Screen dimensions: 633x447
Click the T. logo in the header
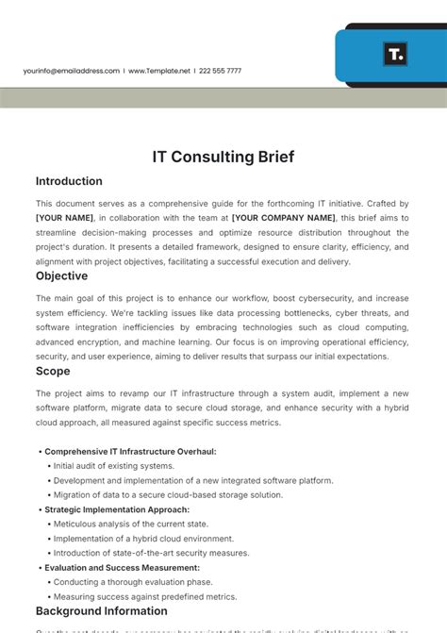(395, 54)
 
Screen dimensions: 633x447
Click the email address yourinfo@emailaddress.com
(72, 71)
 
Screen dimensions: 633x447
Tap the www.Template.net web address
(159, 71)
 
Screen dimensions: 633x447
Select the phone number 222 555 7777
(220, 71)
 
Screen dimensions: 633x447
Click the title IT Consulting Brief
(223, 158)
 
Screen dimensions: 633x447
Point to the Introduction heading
(69, 181)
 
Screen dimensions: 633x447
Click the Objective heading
(61, 276)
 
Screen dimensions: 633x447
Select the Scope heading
(53, 372)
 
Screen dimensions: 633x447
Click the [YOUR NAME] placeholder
(65, 218)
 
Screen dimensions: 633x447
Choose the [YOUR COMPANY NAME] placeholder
(283, 218)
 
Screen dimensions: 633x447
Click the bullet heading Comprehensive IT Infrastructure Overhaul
(130, 451)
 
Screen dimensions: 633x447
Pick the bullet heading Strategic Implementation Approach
(117, 509)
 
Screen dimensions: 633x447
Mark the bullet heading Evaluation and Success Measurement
(122, 568)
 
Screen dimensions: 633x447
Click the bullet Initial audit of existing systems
(113, 466)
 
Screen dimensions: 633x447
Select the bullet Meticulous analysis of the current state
(130, 524)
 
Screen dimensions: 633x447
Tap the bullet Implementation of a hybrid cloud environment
(144, 539)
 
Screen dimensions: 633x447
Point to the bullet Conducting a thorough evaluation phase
(132, 582)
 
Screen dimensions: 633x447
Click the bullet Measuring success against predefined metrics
(144, 596)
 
